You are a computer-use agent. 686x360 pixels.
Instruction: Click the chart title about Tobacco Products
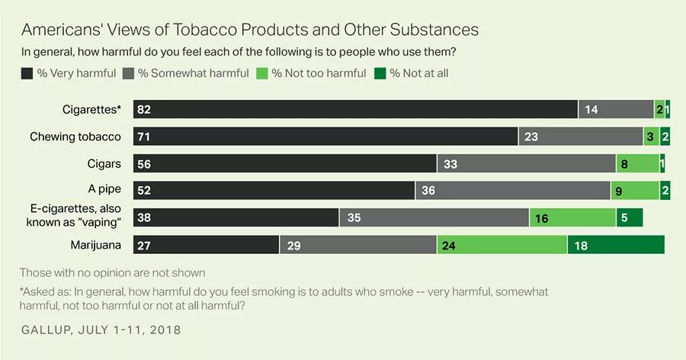250,30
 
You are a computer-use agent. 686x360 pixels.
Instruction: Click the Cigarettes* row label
91,109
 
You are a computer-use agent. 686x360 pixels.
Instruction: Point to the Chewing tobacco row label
75,137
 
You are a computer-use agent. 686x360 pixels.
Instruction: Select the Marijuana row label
95,245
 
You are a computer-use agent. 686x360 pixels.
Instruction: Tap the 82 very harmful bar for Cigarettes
355,109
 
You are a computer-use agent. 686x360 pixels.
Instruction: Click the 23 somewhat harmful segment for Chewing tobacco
581,137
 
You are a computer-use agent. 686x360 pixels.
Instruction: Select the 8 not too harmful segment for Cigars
637,164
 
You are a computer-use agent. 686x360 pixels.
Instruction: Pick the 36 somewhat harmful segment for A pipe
512,191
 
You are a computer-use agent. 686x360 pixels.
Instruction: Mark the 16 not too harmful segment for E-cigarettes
572,218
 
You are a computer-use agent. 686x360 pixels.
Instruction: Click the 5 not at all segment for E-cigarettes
630,218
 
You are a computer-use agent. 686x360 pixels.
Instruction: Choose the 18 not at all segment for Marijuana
616,245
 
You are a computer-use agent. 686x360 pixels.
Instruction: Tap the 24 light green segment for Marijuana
502,245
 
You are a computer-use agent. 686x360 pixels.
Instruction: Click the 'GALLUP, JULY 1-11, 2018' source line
101,330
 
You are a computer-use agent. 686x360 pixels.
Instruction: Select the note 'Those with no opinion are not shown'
112,272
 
